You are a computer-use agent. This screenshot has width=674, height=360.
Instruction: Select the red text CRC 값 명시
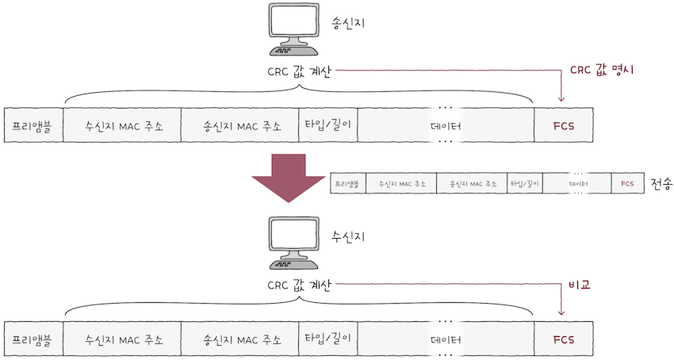coord(605,70)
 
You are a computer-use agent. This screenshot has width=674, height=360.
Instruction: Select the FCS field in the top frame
coord(564,125)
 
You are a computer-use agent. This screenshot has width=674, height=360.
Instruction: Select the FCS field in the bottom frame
coord(564,339)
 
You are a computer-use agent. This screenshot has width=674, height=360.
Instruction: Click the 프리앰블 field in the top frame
coord(33,125)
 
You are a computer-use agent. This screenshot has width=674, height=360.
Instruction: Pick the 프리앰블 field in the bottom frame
coord(33,339)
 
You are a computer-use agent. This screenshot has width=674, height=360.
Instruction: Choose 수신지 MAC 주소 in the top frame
coord(122,125)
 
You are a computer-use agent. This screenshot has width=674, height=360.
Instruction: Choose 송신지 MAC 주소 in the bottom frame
coord(241,339)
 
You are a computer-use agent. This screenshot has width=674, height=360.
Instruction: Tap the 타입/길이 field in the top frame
coord(328,125)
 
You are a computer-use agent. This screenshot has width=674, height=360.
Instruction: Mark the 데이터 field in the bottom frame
coord(446,339)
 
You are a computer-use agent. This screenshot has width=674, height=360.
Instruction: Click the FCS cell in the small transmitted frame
coord(627,184)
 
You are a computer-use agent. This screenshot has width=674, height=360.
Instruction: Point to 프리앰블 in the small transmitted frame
coord(347,184)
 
